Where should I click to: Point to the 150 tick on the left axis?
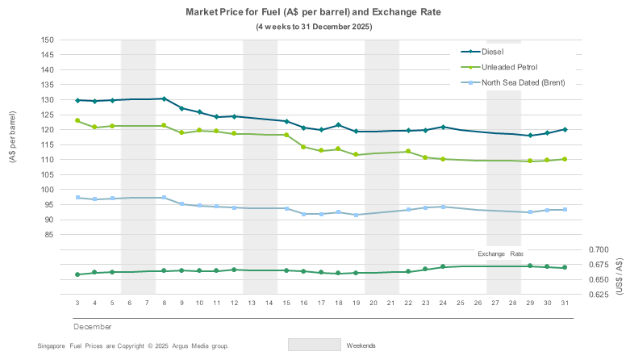click(48, 40)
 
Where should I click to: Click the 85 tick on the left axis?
click(50, 234)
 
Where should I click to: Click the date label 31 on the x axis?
click(565, 303)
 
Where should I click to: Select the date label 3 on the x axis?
click(77, 303)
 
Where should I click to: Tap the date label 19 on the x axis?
click(356, 303)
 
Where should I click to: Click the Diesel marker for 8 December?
click(165, 98)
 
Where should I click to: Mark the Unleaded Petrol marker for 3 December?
click(77, 120)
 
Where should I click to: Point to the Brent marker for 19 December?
click(356, 215)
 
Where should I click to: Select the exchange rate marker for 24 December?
click(443, 266)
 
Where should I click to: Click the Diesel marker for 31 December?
click(565, 129)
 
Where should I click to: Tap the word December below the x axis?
click(92, 326)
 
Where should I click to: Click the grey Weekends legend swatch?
click(314, 344)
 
